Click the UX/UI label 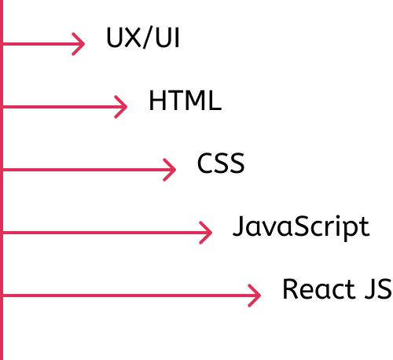pos(143,38)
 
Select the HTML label pos(185,101)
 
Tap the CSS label pos(221,163)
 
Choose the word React pos(319,289)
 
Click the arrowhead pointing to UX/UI pos(79,44)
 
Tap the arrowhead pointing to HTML pos(121,107)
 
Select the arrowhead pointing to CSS pos(169,170)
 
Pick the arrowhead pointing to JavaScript pos(205,233)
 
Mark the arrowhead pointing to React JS pos(254,296)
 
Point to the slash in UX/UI pos(148,38)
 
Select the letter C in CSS pos(206,163)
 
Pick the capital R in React pos(291,288)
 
